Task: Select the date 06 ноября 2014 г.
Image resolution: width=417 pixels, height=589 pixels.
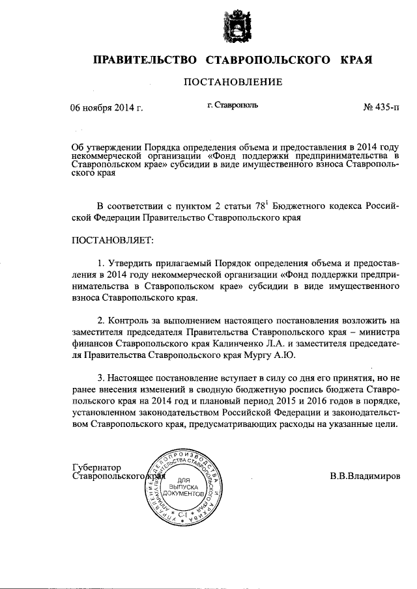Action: pyautogui.click(x=106, y=108)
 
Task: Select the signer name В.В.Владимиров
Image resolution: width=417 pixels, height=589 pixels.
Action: pyautogui.click(x=364, y=476)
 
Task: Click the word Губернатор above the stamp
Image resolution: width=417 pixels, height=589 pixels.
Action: pyautogui.click(x=97, y=467)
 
